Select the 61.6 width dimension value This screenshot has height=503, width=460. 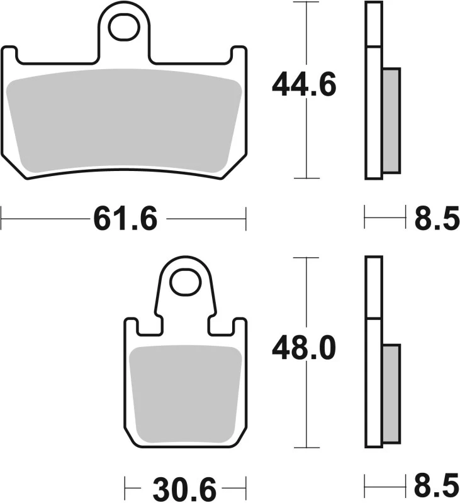[x=125, y=220]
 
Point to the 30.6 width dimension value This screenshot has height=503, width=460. [x=184, y=488]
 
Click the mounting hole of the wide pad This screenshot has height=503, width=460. [x=124, y=26]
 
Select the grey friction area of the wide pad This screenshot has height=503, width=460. [x=124, y=119]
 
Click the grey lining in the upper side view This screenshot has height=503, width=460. [x=391, y=120]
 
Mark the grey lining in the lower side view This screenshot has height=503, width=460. [x=391, y=392]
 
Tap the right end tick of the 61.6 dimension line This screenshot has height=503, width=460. [x=245, y=220]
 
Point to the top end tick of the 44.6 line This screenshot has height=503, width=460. [x=305, y=3]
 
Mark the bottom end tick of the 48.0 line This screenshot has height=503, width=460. [x=305, y=447]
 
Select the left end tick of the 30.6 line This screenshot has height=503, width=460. [x=125, y=488]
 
